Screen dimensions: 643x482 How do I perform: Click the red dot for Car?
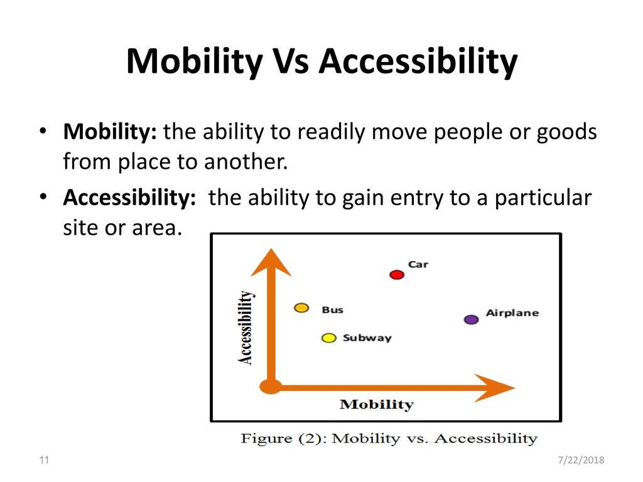pyautogui.click(x=397, y=275)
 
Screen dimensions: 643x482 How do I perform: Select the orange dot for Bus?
pyautogui.click(x=301, y=308)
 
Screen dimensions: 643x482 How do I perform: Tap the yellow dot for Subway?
pyautogui.click(x=329, y=338)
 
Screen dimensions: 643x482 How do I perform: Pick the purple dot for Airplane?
pyautogui.click(x=471, y=319)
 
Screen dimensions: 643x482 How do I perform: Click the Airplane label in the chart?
pyautogui.click(x=512, y=313)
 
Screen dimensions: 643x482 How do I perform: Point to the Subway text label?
pyautogui.click(x=367, y=338)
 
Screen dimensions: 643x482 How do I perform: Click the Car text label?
pyautogui.click(x=418, y=264)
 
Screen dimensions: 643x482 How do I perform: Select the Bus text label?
pyautogui.click(x=333, y=309)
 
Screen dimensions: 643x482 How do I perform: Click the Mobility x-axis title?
pyautogui.click(x=377, y=405)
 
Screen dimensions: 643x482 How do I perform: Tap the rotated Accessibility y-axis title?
pyautogui.click(x=246, y=328)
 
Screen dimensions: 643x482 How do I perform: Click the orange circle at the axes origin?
pyautogui.click(x=271, y=387)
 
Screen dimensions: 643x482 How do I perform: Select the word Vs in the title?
pyautogui.click(x=291, y=61)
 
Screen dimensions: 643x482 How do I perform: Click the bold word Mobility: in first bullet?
pyautogui.click(x=110, y=132)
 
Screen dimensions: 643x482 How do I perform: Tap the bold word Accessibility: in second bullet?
pyautogui.click(x=129, y=198)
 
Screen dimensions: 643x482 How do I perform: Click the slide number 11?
pyautogui.click(x=44, y=460)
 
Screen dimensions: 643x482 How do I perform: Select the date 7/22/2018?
pyautogui.click(x=581, y=460)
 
